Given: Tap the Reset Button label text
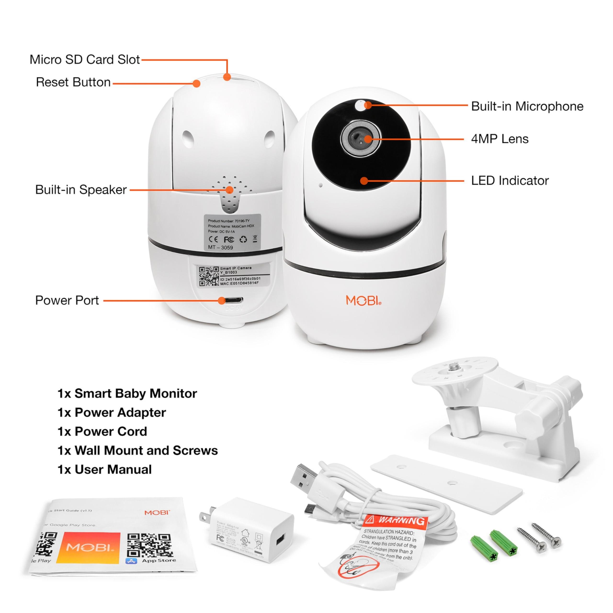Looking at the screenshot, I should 73,82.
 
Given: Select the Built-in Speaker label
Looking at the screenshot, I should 81,190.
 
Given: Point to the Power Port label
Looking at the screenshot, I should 67,300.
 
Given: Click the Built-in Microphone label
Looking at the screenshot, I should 527,106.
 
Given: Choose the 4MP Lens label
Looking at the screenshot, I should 500,139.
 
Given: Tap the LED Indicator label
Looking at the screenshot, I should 510,181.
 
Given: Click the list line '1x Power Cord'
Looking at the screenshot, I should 102,431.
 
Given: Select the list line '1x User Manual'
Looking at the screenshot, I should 104,470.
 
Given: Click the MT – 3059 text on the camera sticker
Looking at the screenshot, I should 220,248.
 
